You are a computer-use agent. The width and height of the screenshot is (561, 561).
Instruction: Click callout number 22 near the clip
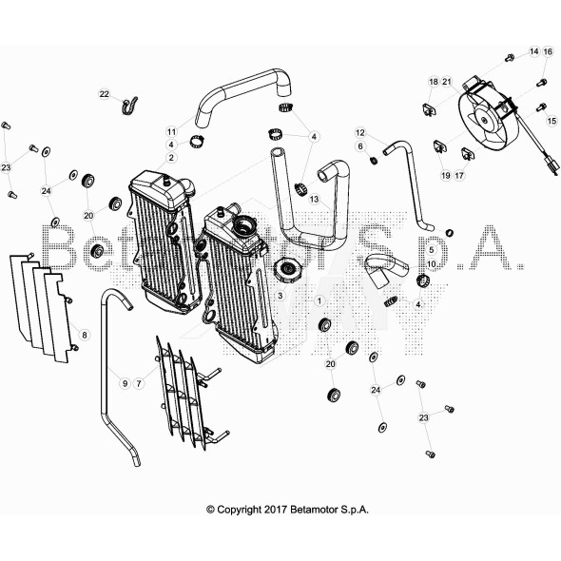[105, 93]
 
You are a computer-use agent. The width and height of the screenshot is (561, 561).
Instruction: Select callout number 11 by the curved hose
[171, 131]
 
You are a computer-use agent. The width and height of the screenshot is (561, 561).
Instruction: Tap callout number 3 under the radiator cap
[280, 296]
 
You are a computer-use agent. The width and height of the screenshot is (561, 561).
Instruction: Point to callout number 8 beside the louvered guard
[84, 335]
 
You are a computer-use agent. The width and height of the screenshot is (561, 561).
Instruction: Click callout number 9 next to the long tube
[124, 382]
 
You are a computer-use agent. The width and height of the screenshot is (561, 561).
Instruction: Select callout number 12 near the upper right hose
[361, 132]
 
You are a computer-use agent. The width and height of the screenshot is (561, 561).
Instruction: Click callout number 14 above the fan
[533, 51]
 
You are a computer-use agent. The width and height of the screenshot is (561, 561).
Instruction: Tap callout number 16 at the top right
[548, 51]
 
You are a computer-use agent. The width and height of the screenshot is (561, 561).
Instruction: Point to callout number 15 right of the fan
[551, 121]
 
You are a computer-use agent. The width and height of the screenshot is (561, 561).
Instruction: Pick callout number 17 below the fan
[458, 175]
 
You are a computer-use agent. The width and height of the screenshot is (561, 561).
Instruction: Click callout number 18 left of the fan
[433, 82]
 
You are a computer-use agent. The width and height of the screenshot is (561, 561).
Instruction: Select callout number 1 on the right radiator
[319, 300]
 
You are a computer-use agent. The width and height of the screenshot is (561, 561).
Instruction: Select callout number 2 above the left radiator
[171, 157]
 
